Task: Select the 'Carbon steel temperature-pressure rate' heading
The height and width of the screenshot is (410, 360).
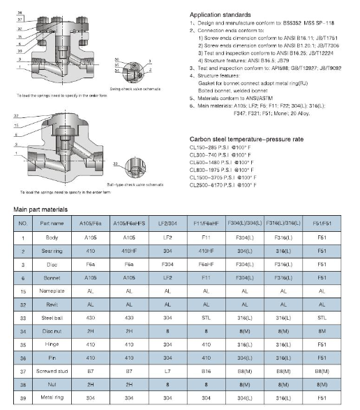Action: pyautogui.click(x=246, y=139)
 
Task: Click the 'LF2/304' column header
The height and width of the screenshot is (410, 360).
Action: pyautogui.click(x=167, y=224)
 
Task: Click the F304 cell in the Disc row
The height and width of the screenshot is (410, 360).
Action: pyautogui.click(x=167, y=264)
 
